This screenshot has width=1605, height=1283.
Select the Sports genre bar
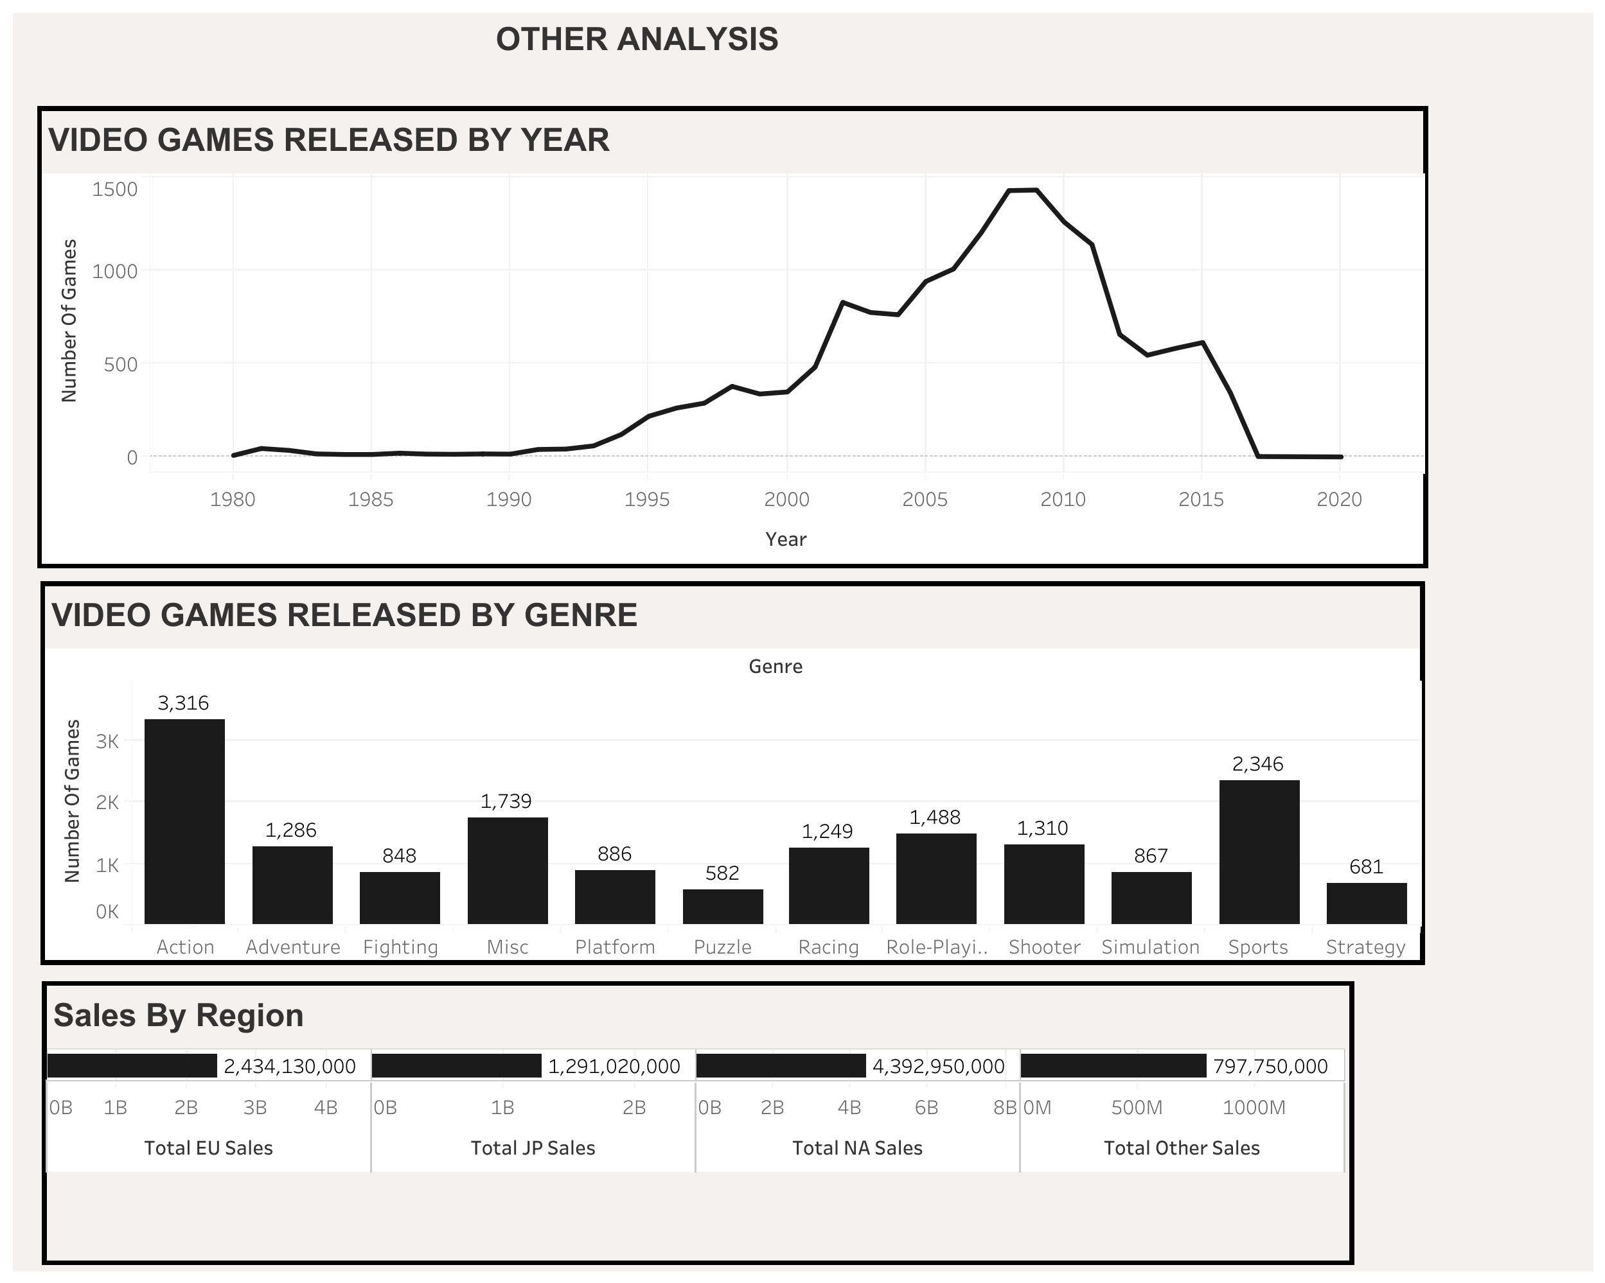coord(1259,851)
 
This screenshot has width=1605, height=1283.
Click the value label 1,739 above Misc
coord(506,801)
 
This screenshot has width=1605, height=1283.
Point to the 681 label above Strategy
coord(1366,866)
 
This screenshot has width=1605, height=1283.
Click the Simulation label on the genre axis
coord(1150,947)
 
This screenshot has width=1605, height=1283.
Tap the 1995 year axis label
coord(647,500)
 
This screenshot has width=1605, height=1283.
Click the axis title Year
coord(785,539)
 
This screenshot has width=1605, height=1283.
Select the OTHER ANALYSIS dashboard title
coord(637,39)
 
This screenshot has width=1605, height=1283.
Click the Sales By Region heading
coord(179,1015)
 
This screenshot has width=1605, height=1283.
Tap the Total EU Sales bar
coord(132,1066)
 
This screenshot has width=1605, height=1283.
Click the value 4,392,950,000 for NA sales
coord(938,1067)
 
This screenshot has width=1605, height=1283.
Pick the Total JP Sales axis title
coord(533,1148)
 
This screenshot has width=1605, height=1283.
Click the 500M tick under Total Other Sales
coord(1136,1107)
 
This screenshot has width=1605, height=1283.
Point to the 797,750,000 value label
coord(1270,1067)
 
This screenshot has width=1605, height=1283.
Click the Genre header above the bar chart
coord(775,666)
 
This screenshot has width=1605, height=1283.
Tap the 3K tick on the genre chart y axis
coord(107,740)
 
